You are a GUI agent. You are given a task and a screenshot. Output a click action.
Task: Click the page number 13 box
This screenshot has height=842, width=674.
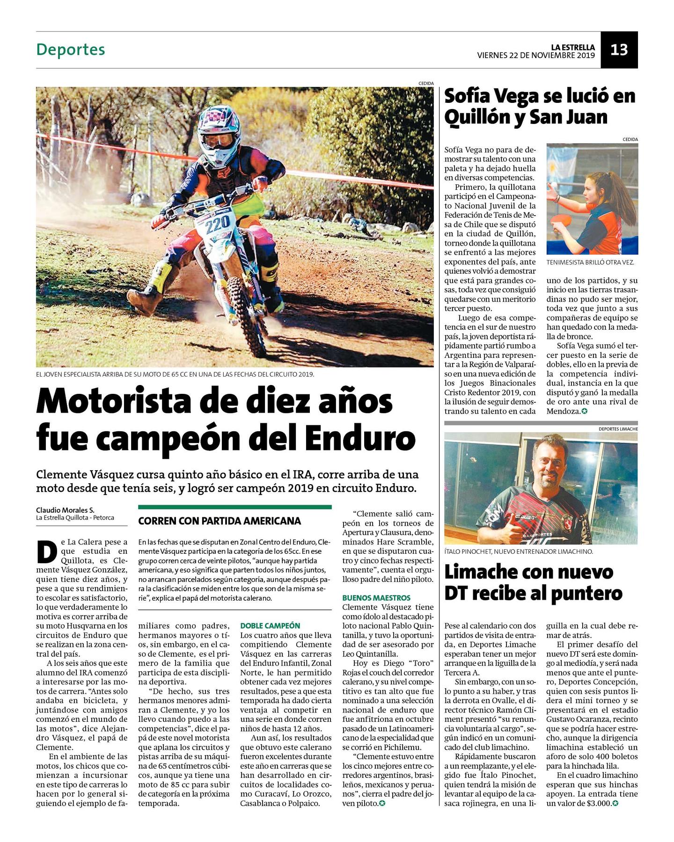619,50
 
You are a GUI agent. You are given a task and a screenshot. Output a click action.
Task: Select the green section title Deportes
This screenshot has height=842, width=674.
71,50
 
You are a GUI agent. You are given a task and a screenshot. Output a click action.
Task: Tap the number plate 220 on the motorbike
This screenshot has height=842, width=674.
217,224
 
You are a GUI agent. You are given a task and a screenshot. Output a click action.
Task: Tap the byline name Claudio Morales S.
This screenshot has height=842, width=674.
65,510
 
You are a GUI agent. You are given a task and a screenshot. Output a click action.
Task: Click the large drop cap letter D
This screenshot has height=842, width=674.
47,552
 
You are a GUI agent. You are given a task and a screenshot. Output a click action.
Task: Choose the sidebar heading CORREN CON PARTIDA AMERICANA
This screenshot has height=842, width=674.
220,521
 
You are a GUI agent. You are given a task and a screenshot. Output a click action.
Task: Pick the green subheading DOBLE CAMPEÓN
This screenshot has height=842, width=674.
270,625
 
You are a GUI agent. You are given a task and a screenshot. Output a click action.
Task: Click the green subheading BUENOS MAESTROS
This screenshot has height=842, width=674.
376,598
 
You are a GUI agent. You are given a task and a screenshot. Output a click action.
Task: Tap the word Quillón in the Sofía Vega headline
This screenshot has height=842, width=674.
477,117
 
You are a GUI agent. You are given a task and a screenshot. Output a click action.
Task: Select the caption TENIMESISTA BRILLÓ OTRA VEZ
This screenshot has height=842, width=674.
590,262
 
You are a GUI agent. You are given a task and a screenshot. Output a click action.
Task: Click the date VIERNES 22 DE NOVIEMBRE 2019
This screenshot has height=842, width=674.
535,56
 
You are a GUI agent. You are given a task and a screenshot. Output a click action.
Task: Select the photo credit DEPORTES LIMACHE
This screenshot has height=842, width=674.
618,428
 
